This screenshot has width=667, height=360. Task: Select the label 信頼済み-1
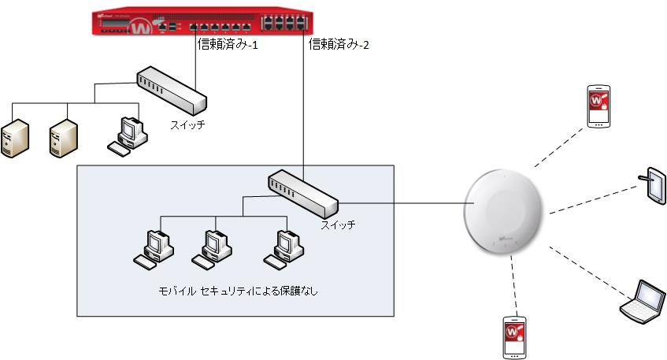point(228,45)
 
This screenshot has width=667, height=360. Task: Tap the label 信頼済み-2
point(339,45)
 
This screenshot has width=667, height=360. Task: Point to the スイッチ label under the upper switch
point(187,124)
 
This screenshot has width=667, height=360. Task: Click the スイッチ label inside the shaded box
point(338,225)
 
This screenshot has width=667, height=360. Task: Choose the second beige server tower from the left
point(63,137)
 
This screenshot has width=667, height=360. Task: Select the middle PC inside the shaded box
point(211,247)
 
